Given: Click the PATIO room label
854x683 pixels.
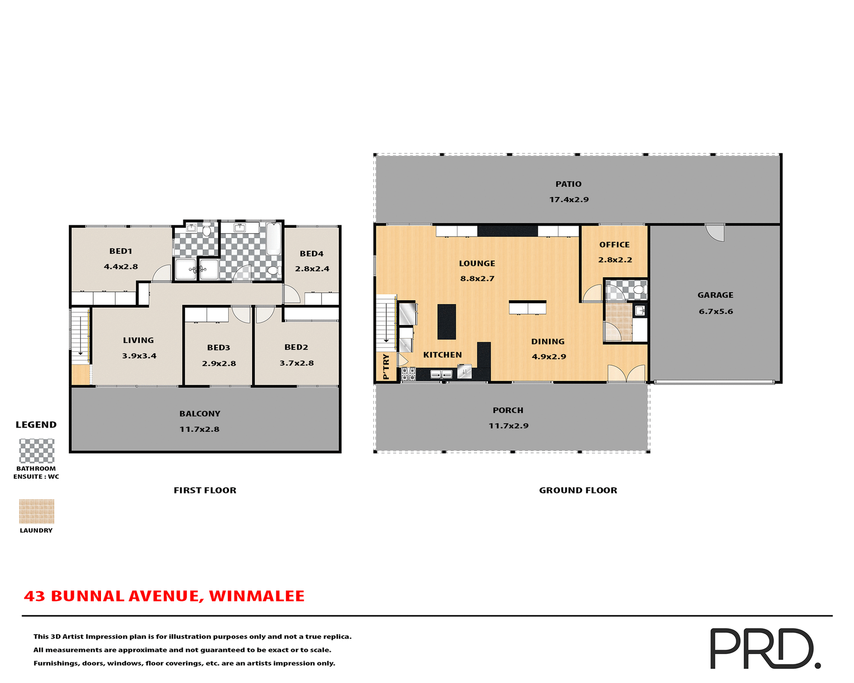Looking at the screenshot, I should [568, 184].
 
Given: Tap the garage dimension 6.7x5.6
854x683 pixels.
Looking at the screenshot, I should [715, 311].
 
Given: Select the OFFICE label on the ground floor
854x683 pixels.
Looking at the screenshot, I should [614, 245].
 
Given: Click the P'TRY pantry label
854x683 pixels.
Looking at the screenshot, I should [386, 366].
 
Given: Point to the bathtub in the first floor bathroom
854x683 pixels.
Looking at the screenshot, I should [274, 239].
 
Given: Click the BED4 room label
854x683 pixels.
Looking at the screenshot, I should [311, 253].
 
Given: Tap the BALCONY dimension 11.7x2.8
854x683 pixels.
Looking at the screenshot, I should [199, 429].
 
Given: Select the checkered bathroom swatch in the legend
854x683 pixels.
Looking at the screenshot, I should [36, 451].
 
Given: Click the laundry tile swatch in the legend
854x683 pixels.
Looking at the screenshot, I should [36, 511].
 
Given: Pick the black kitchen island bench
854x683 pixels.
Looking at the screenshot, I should [447, 321].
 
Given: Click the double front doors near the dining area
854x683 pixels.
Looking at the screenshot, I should [626, 374].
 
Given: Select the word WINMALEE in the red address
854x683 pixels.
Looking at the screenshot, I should [257, 596].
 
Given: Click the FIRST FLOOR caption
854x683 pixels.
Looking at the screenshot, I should [205, 490].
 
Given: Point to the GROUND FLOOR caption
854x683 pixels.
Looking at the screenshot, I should [578, 490].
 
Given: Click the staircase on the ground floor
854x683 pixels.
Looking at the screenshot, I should [386, 322].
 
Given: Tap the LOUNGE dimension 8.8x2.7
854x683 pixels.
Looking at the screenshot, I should [477, 279].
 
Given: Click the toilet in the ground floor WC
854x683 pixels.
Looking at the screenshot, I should [639, 290].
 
